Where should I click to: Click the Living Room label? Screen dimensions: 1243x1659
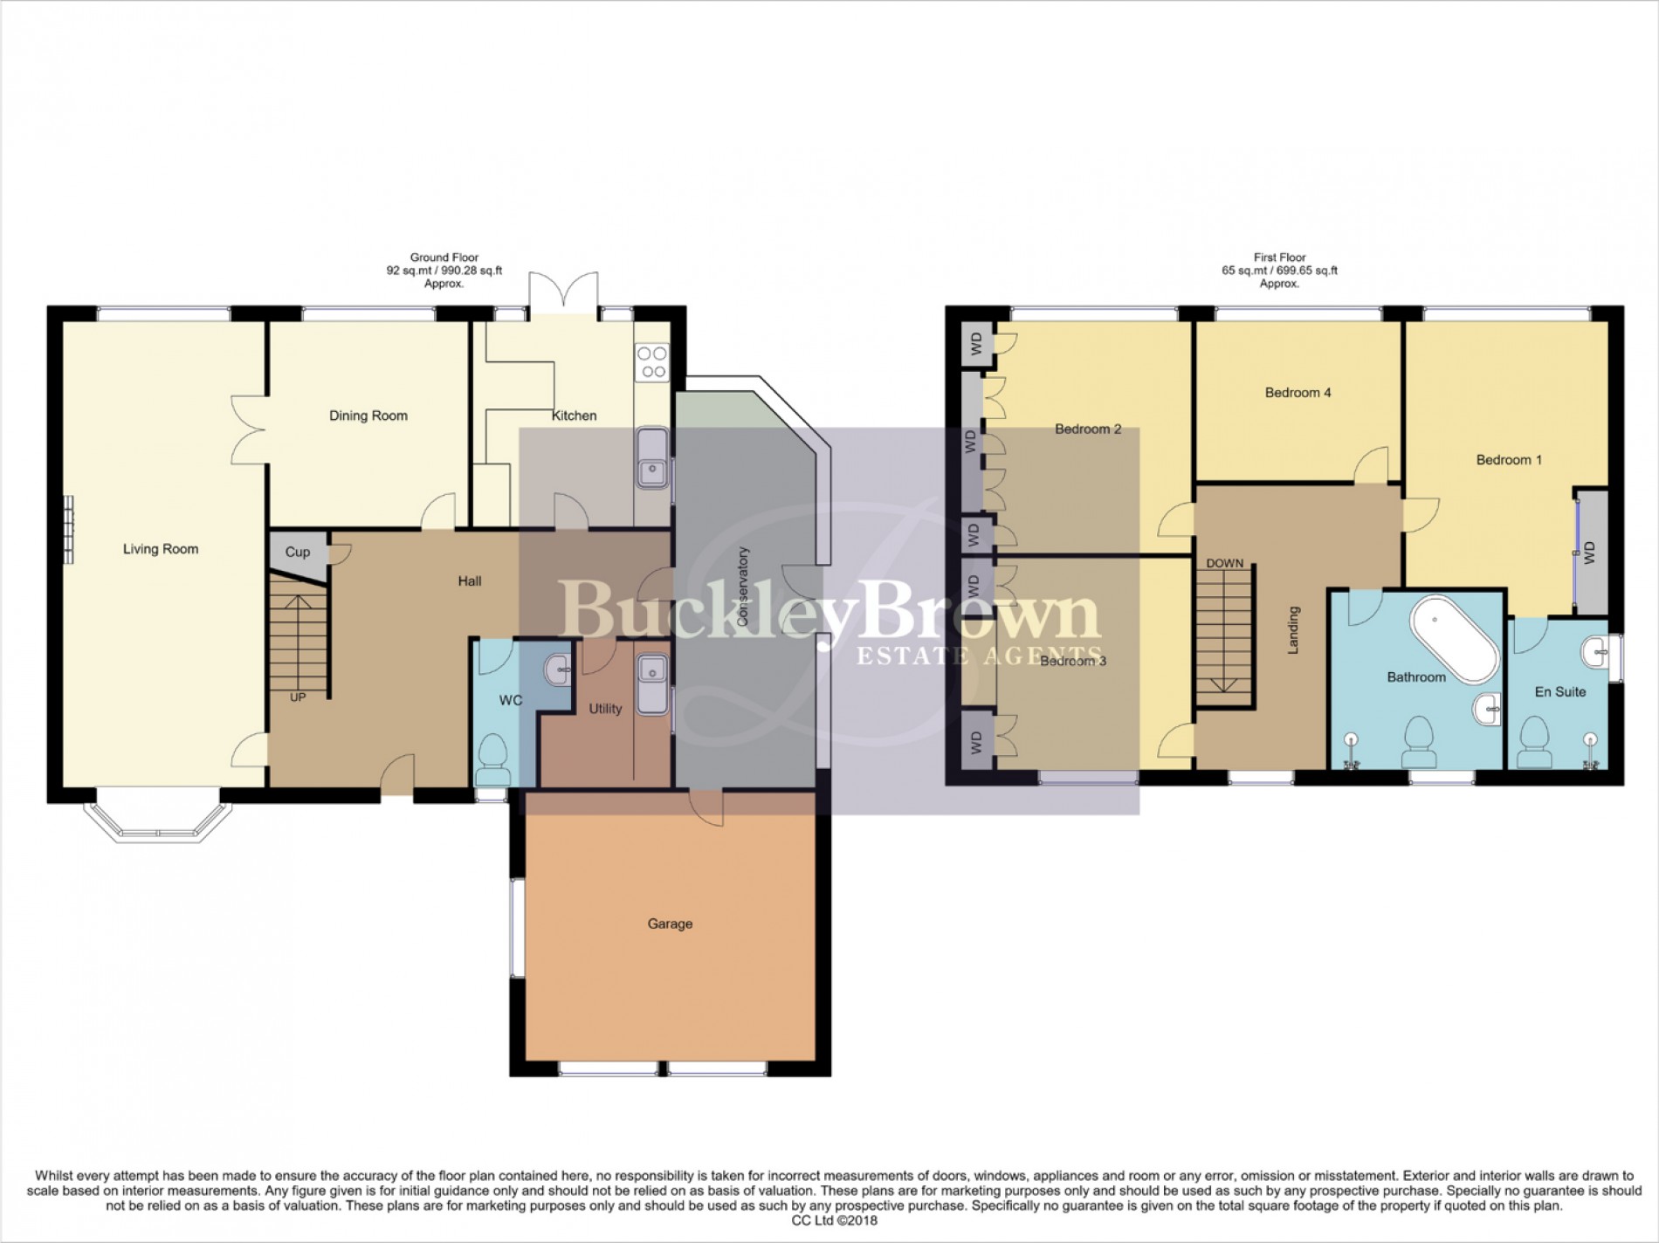click(x=161, y=549)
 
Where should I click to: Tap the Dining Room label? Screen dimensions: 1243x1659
click(x=368, y=415)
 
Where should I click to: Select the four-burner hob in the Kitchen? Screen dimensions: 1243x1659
click(x=652, y=362)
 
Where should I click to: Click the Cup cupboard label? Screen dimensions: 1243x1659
click(x=297, y=552)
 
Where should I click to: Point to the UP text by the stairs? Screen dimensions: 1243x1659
click(x=298, y=697)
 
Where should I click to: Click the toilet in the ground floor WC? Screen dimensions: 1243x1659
click(x=494, y=759)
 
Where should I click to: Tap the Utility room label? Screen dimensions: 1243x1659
click(x=605, y=709)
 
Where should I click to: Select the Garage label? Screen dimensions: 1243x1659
click(x=670, y=924)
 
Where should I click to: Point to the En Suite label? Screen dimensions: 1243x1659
click(x=1560, y=691)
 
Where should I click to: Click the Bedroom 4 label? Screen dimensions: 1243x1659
click(x=1298, y=393)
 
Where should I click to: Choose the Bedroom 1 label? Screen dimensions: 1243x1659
click(x=1509, y=460)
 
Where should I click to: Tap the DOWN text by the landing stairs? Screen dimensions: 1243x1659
click(x=1224, y=563)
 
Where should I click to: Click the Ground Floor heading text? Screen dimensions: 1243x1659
click(x=444, y=258)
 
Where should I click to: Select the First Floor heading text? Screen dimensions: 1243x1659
click(x=1279, y=258)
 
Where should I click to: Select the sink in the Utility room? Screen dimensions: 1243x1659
click(x=651, y=683)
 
